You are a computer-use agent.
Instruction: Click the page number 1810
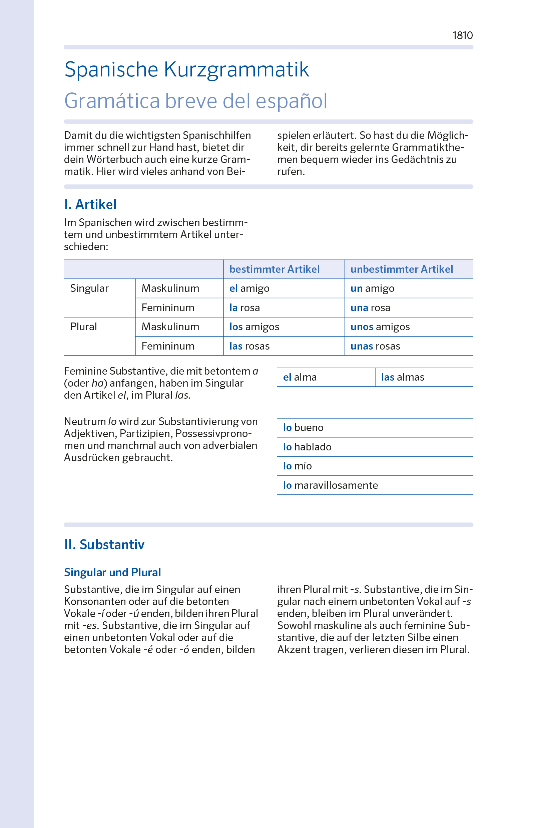pos(462,35)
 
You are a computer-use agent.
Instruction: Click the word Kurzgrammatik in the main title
pos(236,70)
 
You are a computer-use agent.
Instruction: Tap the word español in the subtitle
pos(291,101)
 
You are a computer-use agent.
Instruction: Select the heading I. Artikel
pos(90,204)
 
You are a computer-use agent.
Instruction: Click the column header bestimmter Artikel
pos(275,269)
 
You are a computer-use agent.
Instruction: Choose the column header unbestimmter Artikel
pos(402,269)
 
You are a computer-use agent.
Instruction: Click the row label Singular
pos(89,288)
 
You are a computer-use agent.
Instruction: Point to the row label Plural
pos(83,327)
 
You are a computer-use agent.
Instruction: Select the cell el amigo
pos(249,288)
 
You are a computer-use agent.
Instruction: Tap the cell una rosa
pos(370,307)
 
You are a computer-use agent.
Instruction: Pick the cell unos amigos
pos(380,327)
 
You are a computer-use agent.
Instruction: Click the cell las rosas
pos(249,346)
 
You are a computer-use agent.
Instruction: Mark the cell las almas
pos(403,377)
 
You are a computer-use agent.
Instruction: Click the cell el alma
pos(300,377)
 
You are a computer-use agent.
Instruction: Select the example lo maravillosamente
pos(330,485)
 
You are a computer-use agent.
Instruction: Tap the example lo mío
pos(297,466)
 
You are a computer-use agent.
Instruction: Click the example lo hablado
pos(307,447)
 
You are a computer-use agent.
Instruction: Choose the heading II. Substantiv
pos(104,545)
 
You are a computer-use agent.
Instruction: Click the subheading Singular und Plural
pos(112,572)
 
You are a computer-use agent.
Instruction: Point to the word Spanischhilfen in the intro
pos(217,136)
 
